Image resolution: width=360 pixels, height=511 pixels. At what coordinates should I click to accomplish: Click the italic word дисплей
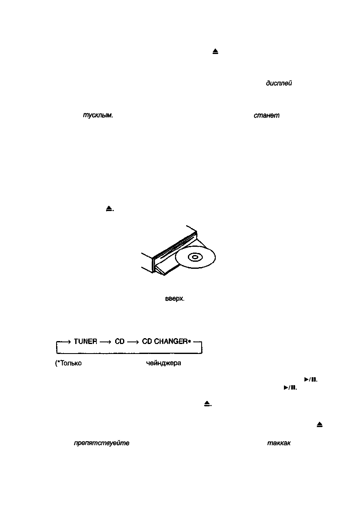click(279, 84)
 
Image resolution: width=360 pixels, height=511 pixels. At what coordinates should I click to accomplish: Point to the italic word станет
click(266, 116)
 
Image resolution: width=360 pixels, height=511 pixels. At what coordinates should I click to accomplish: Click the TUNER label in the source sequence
click(85, 341)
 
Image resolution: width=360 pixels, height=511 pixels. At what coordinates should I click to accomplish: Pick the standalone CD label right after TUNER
click(120, 341)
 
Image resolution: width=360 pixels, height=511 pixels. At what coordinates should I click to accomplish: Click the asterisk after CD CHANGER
click(188, 341)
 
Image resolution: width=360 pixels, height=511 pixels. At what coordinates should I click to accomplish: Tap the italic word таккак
click(279, 443)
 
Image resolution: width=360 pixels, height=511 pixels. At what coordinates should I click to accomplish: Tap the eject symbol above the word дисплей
click(215, 52)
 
